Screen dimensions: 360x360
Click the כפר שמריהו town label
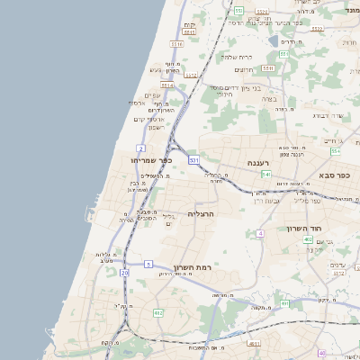pyautogui.click(x=139, y=160)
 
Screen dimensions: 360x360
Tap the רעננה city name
pyautogui.click(x=235, y=163)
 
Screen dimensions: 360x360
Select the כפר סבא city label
pyautogui.click(x=334, y=175)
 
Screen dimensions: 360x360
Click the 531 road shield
pyautogui.click(x=193, y=160)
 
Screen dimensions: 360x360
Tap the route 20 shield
pyautogui.click(x=124, y=273)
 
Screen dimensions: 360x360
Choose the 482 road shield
pyautogui.click(x=158, y=312)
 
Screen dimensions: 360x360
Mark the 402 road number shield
pyautogui.click(x=308, y=240)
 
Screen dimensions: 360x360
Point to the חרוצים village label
pyautogui.click(x=244, y=70)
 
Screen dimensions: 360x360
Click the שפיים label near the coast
pyautogui.click(x=152, y=95)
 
